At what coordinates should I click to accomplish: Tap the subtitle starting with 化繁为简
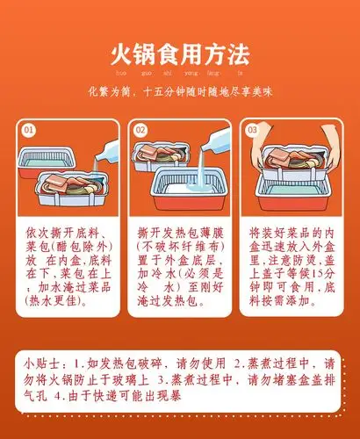tap(180, 92)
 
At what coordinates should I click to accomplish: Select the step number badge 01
tap(29, 130)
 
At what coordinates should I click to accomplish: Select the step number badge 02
tap(140, 130)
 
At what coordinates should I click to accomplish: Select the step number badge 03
tap(253, 130)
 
